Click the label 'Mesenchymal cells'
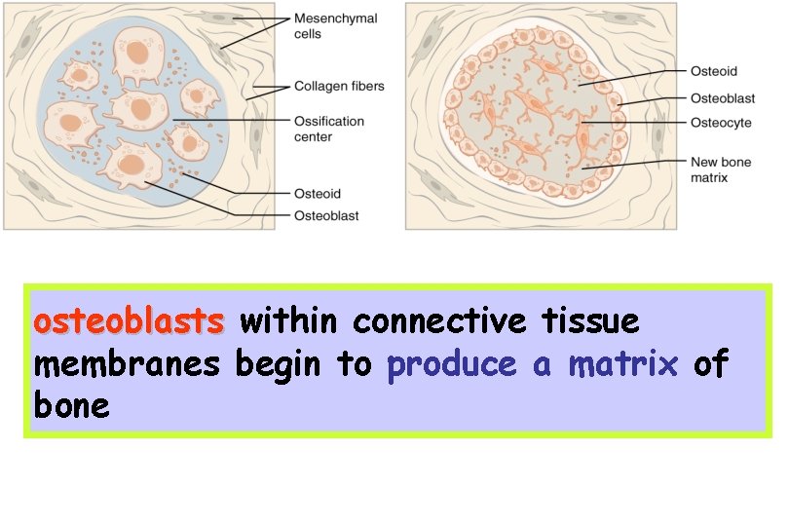336,26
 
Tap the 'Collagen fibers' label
339,87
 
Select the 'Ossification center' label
329,129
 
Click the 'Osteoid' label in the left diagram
317,194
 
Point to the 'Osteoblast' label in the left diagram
326,215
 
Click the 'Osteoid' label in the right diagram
713,71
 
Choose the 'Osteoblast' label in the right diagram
723,97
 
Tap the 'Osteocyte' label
721,123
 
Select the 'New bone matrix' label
721,169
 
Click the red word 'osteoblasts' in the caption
129,320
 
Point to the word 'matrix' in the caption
622,364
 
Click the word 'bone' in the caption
71,406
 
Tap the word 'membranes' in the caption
129,364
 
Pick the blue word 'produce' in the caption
451,364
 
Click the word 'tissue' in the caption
582,320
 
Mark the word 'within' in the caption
287,320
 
